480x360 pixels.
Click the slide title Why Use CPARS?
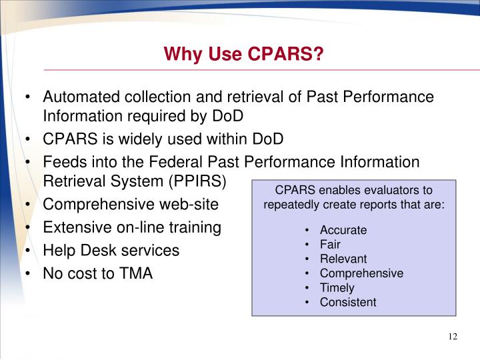click(x=244, y=53)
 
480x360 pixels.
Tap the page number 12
click(x=453, y=336)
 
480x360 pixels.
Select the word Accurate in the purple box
click(x=343, y=230)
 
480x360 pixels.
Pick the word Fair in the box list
click(x=330, y=245)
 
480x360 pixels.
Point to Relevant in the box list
click(x=343, y=259)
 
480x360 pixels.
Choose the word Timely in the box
click(x=337, y=288)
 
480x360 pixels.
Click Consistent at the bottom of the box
click(x=348, y=302)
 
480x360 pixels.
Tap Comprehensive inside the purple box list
click(x=361, y=273)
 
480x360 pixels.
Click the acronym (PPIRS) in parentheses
click(x=197, y=181)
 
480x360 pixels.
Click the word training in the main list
click(x=191, y=227)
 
